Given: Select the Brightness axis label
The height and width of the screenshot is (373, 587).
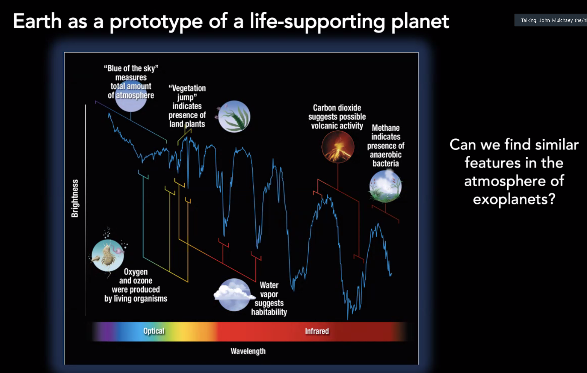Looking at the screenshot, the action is [x=75, y=198].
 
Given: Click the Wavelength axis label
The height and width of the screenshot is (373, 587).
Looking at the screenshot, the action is [x=248, y=351].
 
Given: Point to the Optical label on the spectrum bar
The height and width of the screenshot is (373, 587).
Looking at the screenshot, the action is [x=154, y=331].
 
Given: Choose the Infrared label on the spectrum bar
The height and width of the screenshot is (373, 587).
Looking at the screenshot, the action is [x=317, y=331].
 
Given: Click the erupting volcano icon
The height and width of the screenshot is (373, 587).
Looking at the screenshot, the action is [x=338, y=147].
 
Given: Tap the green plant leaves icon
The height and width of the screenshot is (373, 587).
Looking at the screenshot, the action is [x=234, y=116].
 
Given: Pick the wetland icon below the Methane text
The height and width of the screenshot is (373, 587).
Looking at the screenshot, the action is [x=385, y=186].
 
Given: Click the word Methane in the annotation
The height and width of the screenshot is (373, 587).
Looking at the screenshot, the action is [x=386, y=128].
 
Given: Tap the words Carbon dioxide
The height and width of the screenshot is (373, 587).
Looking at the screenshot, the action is [x=337, y=108].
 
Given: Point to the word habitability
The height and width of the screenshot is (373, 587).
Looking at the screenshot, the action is [x=269, y=312].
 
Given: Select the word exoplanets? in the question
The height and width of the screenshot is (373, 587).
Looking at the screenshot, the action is [x=514, y=200].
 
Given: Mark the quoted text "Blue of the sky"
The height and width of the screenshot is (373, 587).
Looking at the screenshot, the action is [x=131, y=68].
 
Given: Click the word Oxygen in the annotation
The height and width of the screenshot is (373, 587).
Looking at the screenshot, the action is [x=136, y=272].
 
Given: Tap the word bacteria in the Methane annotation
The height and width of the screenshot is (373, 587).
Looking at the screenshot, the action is [x=386, y=164].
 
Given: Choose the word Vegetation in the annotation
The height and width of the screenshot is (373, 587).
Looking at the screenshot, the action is [x=187, y=88].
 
